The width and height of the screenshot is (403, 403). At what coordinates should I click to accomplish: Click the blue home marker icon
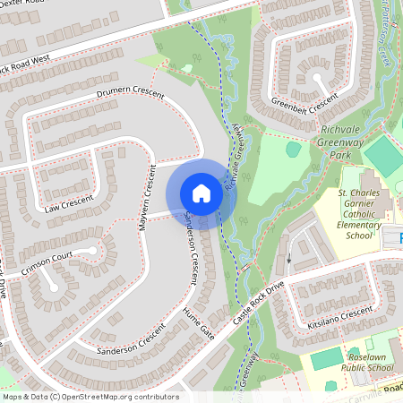pyautogui.click(x=201, y=193)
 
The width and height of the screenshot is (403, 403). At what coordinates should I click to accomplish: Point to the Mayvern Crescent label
pyautogui.click(x=145, y=196)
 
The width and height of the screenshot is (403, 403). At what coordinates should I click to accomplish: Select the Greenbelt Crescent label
pyautogui.click(x=305, y=99)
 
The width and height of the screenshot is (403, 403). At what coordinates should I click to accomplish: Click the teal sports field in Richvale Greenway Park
pyautogui.click(x=383, y=156)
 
